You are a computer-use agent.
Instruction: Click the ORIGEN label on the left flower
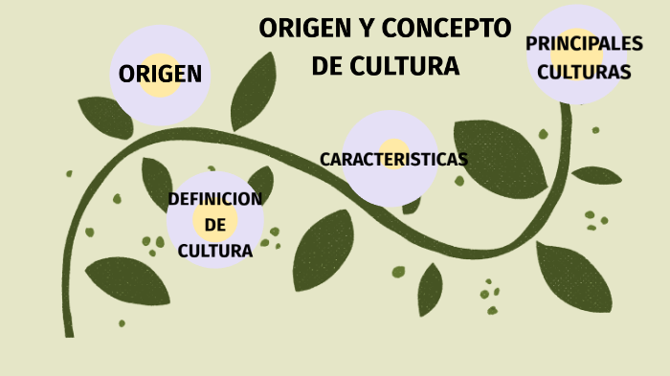[160, 75]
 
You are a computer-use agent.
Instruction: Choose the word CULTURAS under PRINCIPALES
[584, 72]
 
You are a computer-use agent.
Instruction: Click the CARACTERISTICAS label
[393, 159]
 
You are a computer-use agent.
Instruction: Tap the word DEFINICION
[214, 199]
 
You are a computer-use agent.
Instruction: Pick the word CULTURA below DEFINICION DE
[215, 251]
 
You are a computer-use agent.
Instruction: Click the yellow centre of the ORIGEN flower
[160, 75]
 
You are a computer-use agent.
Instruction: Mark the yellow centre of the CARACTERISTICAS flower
[391, 159]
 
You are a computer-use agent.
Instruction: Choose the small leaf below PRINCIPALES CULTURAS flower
[596, 175]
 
